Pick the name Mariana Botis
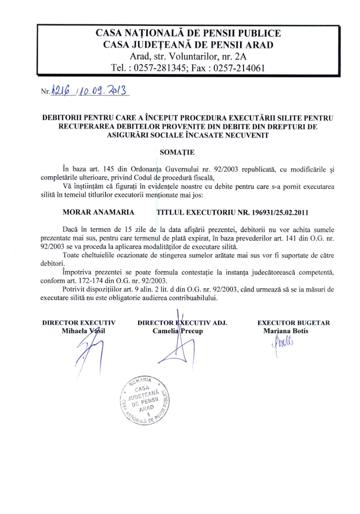click(286, 331)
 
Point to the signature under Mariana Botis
click(283, 346)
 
